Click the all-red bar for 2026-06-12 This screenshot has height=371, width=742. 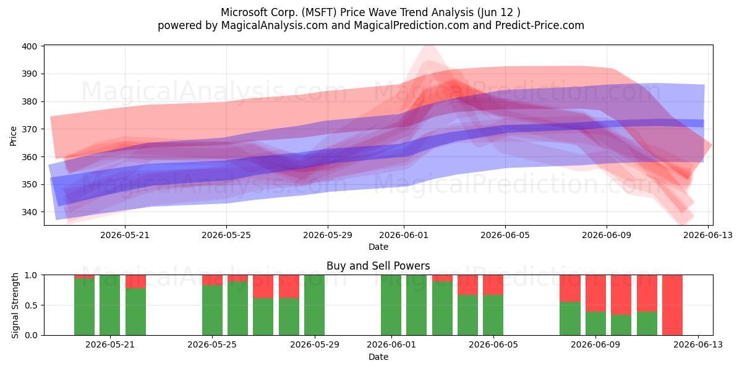point(672,305)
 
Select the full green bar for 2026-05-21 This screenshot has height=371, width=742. point(109,305)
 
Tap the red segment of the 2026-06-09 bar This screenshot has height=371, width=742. point(595,293)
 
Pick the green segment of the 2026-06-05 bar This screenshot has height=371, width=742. point(493,315)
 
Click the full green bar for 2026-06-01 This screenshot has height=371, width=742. point(391,305)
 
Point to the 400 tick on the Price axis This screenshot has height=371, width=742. point(43,46)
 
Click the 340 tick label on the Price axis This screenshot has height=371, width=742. point(29,212)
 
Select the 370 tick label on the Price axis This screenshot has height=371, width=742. point(29,129)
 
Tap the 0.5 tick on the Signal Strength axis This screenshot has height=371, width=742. point(43,305)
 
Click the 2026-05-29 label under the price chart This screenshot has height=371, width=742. point(328,235)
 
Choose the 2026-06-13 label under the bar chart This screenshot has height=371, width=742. point(698,344)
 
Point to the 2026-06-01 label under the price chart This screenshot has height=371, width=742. point(404,235)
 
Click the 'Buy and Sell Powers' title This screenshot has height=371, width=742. point(378,266)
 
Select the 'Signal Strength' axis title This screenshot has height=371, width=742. point(15,305)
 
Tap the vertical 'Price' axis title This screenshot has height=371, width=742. point(13,136)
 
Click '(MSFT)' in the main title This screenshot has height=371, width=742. point(319,12)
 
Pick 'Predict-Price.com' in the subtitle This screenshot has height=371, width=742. point(540,25)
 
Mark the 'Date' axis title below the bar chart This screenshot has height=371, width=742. point(378,357)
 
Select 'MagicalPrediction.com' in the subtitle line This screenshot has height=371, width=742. point(411,25)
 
